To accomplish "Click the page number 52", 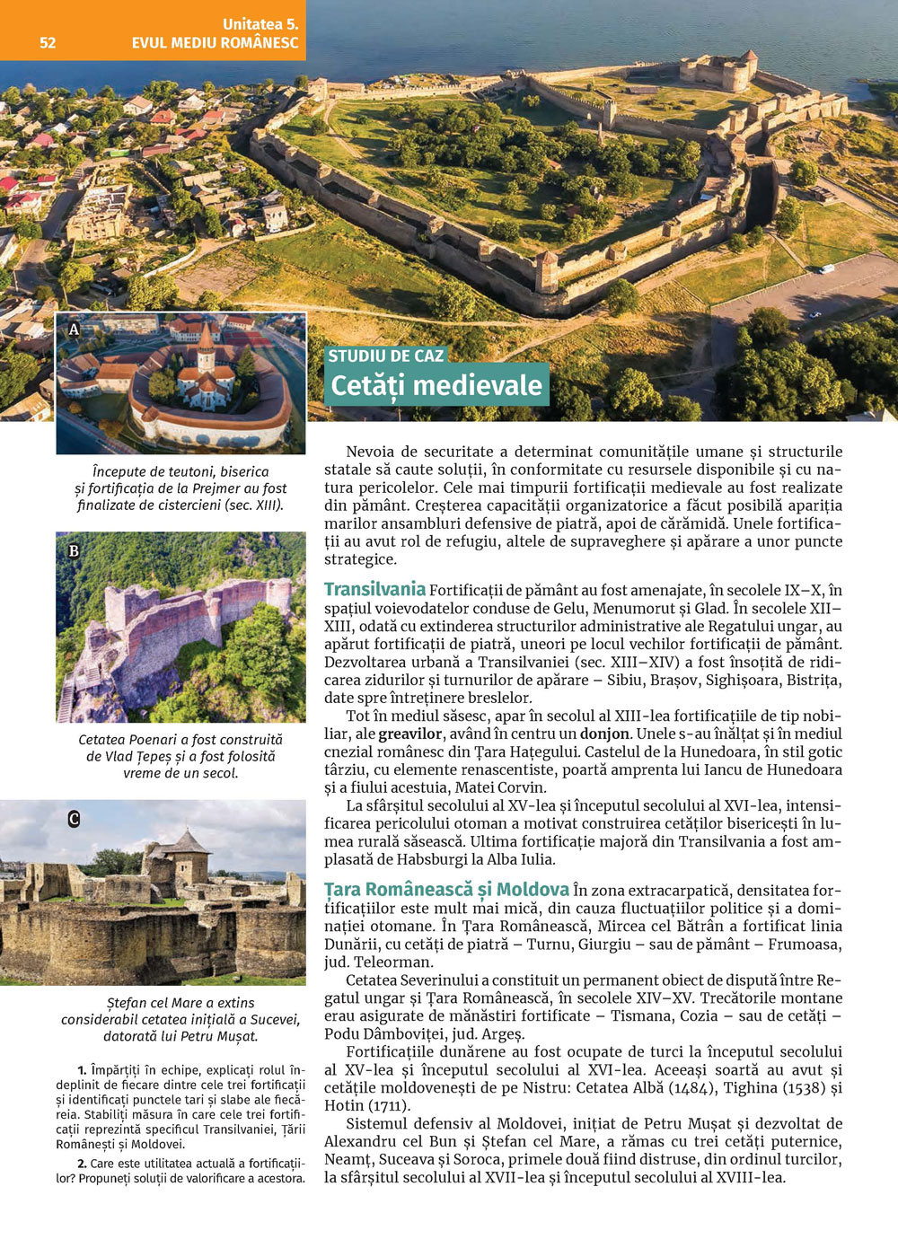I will coord(48,42).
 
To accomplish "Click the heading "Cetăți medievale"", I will coord(436,385).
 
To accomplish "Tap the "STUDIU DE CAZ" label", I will coord(385,356).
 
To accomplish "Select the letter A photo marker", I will coord(74,330).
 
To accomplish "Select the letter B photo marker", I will coord(74,550).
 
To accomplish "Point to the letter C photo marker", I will coord(74,818).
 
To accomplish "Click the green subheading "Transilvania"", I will coord(374,589).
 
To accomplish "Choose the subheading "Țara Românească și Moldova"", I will coord(446,889).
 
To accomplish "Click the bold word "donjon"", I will coord(604,734).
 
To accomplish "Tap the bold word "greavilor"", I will coord(409,734).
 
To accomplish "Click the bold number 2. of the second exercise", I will coord(82,1164).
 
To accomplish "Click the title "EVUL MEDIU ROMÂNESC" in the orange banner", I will coord(215,42).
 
